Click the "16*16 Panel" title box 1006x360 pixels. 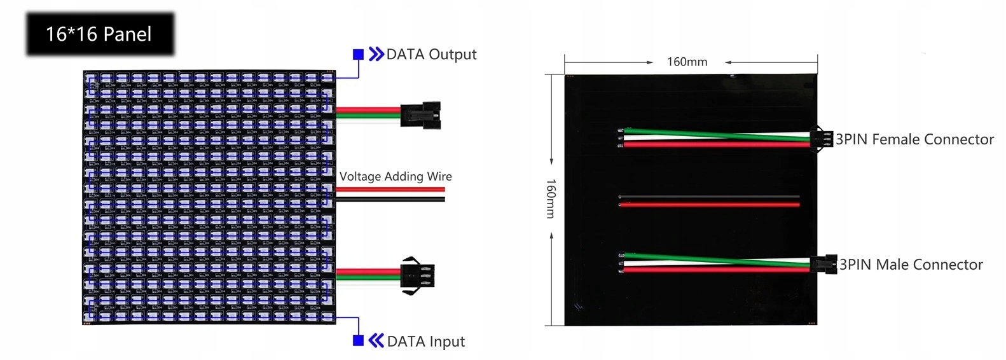tap(100, 34)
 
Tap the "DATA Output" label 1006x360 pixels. tap(431, 55)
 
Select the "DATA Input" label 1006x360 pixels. tap(425, 342)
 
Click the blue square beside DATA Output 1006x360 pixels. tap(358, 55)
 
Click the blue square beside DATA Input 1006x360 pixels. tap(358, 341)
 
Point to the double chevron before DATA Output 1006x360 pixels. tap(376, 54)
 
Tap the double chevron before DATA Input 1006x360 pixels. tap(376, 341)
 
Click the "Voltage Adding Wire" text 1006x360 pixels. tap(396, 176)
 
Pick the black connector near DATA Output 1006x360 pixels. tap(420, 115)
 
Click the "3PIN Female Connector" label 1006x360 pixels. tap(914, 139)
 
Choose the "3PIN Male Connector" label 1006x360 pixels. tap(911, 265)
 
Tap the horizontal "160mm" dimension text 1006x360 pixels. tap(687, 62)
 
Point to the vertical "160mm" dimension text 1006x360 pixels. tap(551, 198)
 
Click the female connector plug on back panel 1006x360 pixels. tap(821, 139)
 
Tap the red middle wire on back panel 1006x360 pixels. tap(709, 205)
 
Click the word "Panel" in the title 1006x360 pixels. tap(128, 34)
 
